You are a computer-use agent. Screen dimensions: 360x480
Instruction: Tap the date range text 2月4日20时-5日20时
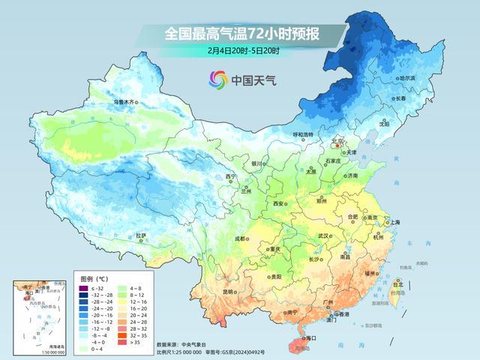click(244, 51)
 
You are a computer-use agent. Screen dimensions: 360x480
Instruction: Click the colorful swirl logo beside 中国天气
click(218, 79)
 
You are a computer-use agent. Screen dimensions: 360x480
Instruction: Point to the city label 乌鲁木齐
click(125, 101)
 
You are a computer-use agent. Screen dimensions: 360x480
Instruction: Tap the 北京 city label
click(337, 140)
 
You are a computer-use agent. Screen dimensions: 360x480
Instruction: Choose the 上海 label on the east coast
click(391, 223)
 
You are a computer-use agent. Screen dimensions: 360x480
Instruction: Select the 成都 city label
click(240, 238)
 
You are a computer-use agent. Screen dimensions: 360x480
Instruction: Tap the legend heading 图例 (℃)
click(94, 278)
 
